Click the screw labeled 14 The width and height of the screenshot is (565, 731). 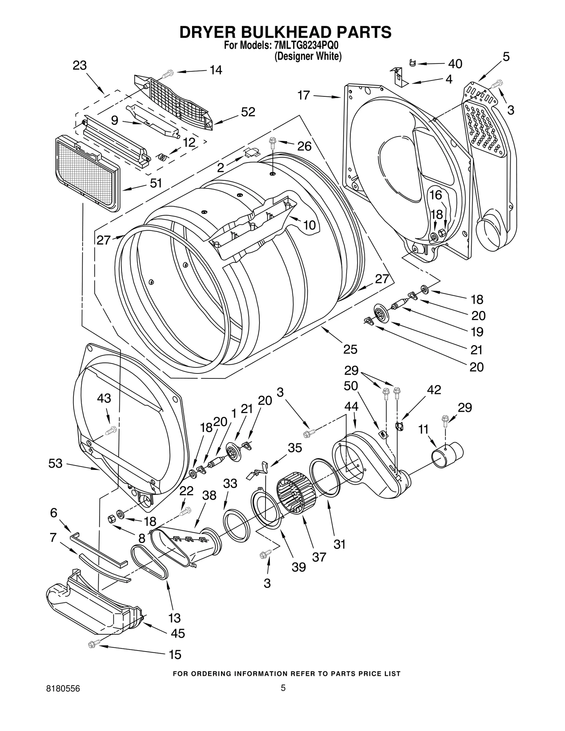click(x=167, y=74)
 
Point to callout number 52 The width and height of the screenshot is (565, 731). click(x=248, y=112)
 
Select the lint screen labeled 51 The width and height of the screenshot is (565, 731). click(x=87, y=173)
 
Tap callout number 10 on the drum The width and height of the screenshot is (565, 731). click(x=309, y=225)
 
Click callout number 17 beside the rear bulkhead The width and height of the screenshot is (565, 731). click(x=303, y=95)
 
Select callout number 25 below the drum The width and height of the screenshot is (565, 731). click(x=350, y=349)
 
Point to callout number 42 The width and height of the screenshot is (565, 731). click(x=434, y=390)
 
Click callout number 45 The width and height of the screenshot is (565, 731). click(x=178, y=633)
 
